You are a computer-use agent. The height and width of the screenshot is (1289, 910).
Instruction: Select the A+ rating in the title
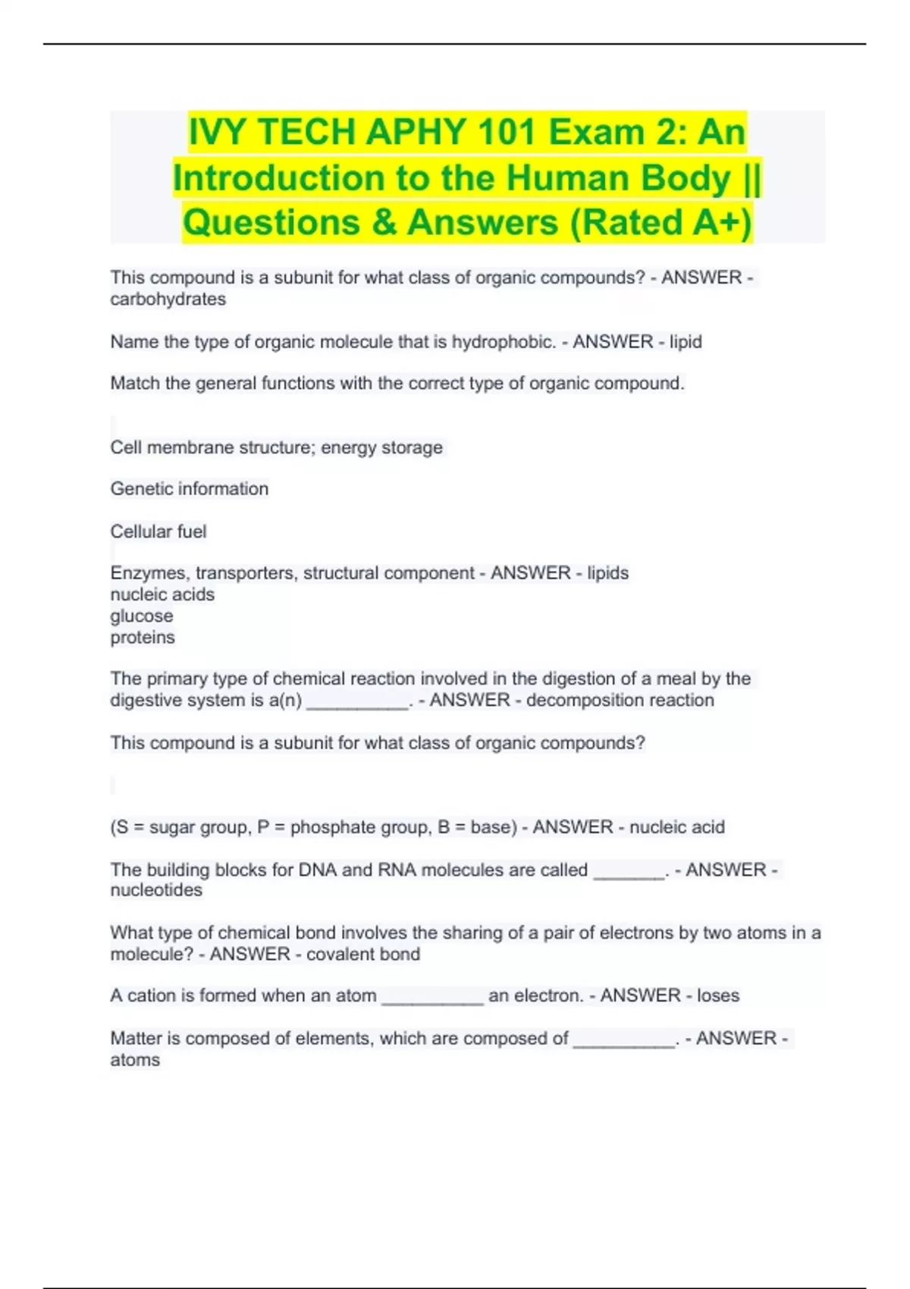(721, 223)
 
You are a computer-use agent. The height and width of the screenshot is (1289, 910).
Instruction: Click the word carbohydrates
(168, 300)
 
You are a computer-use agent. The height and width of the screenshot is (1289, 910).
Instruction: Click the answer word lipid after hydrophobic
(686, 342)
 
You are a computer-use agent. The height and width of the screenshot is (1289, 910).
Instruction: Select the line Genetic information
(189, 489)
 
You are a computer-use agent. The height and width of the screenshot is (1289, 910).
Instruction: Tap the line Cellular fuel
(158, 532)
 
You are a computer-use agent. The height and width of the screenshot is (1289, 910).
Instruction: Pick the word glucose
(141, 616)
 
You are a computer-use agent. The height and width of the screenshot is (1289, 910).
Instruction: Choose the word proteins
(143, 638)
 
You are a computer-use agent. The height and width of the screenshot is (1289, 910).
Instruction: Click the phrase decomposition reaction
(620, 700)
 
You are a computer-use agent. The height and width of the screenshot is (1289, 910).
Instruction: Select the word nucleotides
(156, 890)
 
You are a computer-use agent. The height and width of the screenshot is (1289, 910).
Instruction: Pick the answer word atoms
(135, 1060)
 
